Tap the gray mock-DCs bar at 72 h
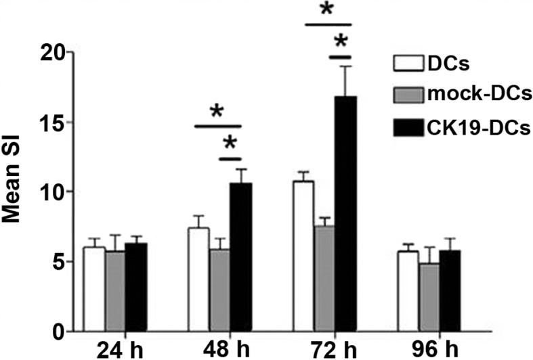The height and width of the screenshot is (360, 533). click(x=324, y=278)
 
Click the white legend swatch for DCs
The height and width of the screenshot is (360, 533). click(x=409, y=64)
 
